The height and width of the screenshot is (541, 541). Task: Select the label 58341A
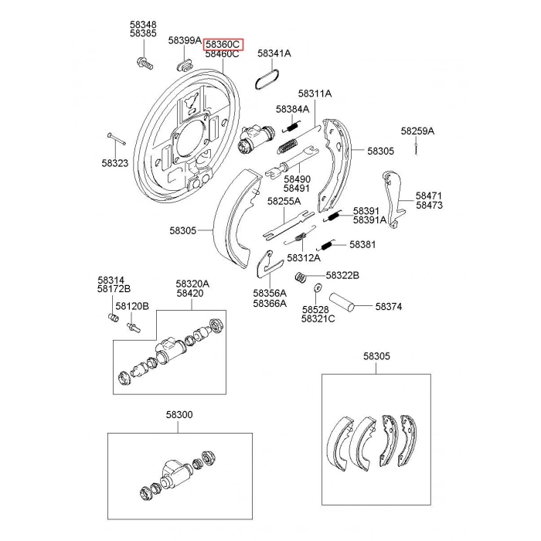click(274, 54)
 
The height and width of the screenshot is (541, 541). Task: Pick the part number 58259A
click(417, 131)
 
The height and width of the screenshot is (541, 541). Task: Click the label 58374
click(389, 306)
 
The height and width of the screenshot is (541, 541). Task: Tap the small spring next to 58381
click(328, 244)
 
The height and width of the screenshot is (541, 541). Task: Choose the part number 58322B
click(342, 274)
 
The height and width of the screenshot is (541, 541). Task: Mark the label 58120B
click(131, 306)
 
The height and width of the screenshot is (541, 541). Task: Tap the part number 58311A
click(315, 93)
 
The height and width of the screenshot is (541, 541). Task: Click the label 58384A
click(291, 109)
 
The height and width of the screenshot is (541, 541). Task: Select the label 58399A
click(185, 40)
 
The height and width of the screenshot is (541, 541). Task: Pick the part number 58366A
click(269, 304)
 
